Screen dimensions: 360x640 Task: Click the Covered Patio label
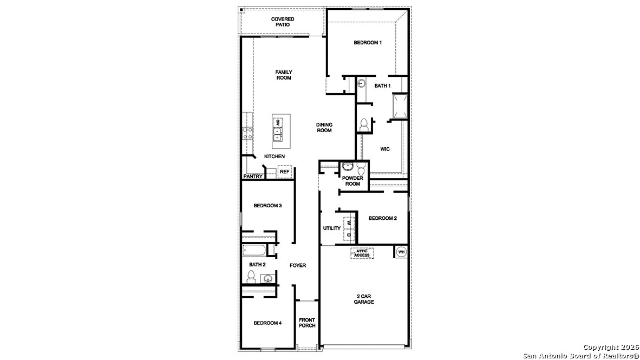(283, 22)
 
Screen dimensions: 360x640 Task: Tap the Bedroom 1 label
(368, 42)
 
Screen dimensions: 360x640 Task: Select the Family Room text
(284, 75)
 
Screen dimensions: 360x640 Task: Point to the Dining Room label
(324, 127)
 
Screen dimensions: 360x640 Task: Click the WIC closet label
(385, 148)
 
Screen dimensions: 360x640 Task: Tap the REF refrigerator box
(284, 172)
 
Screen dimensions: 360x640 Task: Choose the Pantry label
(253, 176)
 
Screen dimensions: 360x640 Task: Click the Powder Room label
(352, 181)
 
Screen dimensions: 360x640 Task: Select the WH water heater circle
(401, 252)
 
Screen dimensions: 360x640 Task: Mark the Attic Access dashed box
(362, 253)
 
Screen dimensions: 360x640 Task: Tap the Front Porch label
(307, 323)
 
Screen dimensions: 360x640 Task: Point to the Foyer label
(298, 265)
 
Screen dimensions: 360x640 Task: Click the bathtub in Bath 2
(254, 251)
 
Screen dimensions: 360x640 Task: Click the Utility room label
(332, 228)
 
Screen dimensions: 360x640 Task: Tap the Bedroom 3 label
(267, 206)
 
